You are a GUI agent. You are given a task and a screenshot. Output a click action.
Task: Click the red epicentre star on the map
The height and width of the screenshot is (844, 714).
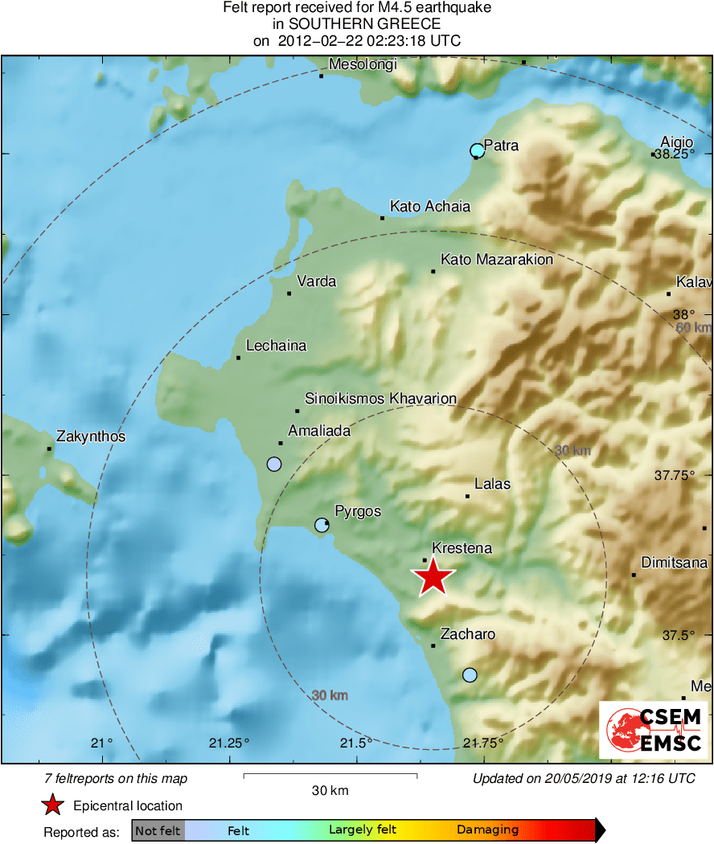coord(433,576)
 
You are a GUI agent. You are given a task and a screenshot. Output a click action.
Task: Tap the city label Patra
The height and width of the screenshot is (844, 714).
coord(501,145)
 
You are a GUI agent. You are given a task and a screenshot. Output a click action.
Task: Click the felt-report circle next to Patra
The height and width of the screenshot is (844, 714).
coord(478,150)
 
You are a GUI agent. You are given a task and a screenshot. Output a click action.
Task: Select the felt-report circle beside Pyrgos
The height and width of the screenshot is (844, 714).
coord(322,525)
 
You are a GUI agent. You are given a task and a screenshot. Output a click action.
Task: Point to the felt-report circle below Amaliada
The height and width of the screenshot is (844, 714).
coord(274,464)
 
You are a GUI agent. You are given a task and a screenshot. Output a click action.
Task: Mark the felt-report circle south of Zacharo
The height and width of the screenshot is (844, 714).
coord(470,674)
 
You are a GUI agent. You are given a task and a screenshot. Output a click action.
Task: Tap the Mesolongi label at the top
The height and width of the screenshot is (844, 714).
coord(363,65)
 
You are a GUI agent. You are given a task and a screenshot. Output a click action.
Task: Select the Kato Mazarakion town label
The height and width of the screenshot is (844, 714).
coord(497,260)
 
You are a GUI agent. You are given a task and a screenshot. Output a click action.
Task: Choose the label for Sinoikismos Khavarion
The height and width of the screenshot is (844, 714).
coord(380,399)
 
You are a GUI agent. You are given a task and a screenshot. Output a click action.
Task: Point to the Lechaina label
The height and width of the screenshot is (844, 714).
coord(276,346)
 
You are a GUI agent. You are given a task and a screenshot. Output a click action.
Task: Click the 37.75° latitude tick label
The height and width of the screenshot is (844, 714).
coord(674,475)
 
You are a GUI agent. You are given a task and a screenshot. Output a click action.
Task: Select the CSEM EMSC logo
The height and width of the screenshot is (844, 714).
coord(654,730)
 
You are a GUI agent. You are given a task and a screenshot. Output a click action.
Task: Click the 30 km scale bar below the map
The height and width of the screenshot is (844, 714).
coord(330,776)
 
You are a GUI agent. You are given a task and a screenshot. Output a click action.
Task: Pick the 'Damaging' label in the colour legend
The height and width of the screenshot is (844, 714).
coord(487,830)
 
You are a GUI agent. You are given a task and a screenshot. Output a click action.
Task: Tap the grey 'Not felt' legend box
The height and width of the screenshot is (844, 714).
coord(158,830)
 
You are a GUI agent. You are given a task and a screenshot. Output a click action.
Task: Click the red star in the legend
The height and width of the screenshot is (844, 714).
coord(52,805)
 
